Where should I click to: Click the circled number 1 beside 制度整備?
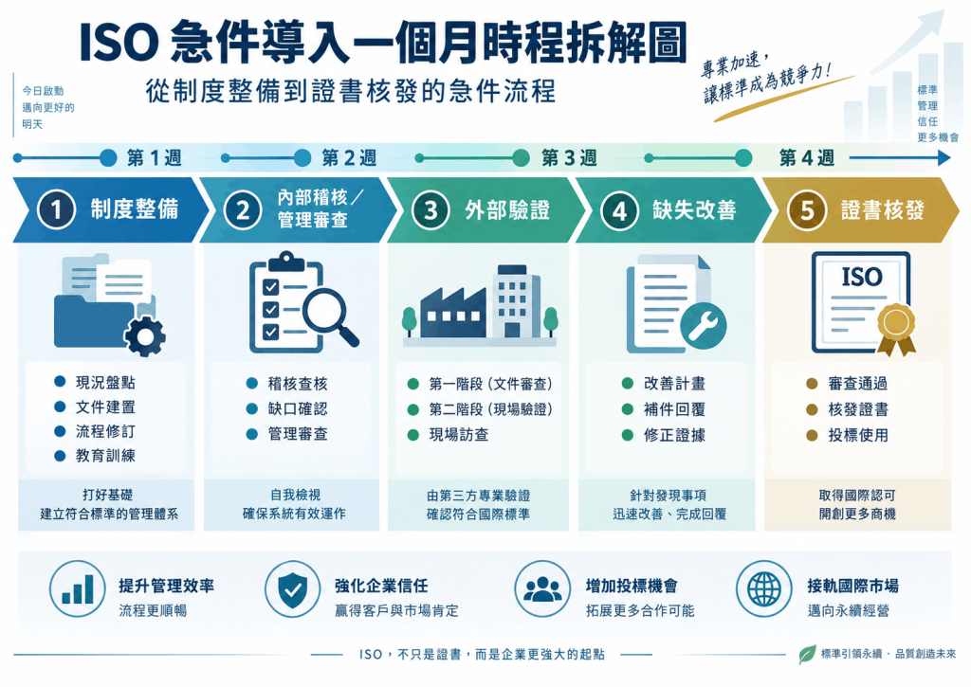coord(56,209)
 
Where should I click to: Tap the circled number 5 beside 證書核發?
coord(806,210)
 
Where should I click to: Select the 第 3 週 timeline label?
coord(569,158)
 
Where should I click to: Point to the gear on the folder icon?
coord(145,336)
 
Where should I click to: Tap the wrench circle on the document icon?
coord(704,325)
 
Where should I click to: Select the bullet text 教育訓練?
coord(105,456)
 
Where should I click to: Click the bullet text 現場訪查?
coord(459,435)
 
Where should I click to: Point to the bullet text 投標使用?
coord(858,436)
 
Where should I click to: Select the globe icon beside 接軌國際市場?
coord(764,589)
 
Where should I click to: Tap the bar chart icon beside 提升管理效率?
coord(78,589)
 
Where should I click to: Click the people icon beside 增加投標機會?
coord(542,589)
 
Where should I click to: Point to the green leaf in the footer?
coord(807,654)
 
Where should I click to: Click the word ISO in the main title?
coord(119,43)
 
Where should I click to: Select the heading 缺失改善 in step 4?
coord(694,210)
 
